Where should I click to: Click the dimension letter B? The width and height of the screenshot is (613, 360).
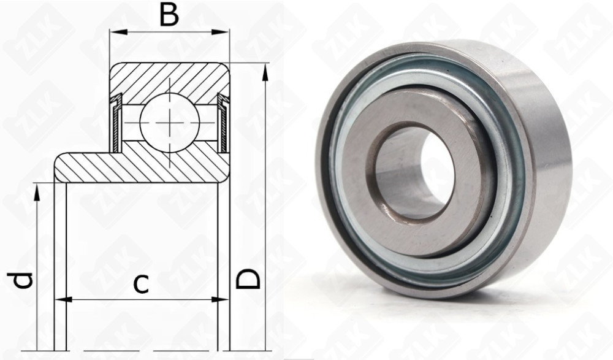point(170,16)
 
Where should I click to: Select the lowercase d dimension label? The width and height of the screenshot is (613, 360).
point(20,280)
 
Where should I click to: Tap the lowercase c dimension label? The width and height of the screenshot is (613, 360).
point(141,284)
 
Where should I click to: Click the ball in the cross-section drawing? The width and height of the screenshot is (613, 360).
point(170,122)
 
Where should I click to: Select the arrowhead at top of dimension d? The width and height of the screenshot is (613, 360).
point(37,193)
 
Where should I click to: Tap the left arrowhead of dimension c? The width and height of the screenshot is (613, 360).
point(63,300)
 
